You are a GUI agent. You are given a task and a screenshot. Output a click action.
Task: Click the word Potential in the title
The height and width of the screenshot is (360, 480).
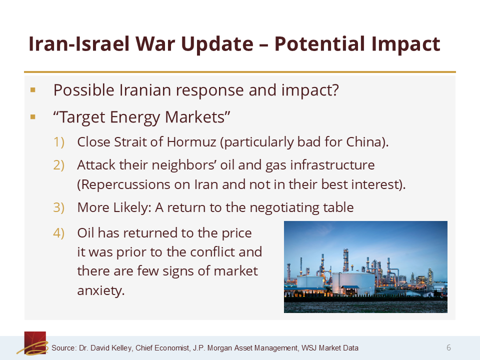320,44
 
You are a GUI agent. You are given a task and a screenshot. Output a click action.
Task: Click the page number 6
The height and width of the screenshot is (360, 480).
448,347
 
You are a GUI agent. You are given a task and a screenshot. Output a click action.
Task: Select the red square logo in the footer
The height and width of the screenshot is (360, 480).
35,342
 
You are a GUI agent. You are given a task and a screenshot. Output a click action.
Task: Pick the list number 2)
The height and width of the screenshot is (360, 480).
59,165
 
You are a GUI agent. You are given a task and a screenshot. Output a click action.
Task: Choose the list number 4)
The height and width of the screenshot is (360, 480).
59,233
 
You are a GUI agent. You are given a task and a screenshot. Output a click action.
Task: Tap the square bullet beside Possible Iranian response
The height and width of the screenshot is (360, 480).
33,90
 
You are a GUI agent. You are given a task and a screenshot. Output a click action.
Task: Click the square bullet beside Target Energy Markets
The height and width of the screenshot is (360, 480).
33,117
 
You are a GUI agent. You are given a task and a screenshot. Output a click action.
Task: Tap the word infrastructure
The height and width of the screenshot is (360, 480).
332,165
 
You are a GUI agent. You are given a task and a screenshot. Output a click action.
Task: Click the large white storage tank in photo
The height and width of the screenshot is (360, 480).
353,283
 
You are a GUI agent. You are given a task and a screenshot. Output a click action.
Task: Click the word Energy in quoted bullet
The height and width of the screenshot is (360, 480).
134,117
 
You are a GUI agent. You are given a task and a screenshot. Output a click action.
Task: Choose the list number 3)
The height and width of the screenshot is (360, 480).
59,207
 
